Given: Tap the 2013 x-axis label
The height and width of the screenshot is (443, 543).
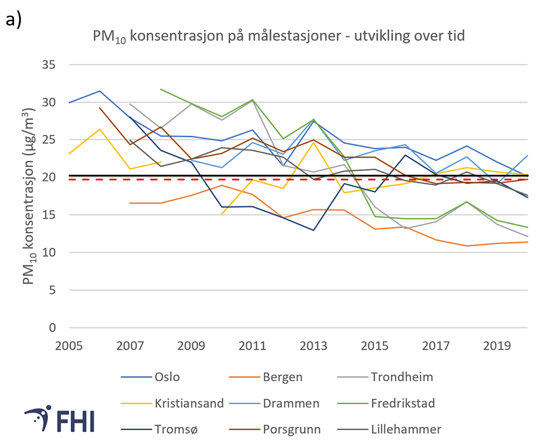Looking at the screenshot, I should (x=313, y=345).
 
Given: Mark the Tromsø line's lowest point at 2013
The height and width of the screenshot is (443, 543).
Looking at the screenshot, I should (x=313, y=230).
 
